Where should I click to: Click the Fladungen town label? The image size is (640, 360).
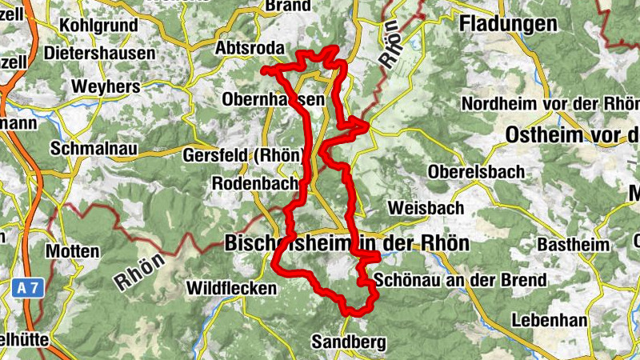point(508,24)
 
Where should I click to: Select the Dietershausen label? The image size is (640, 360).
point(100,54)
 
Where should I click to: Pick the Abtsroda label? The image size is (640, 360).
point(249,49)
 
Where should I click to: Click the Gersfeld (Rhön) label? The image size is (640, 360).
point(243,155)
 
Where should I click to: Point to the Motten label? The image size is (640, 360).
point(73,251)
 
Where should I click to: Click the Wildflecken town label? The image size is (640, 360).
point(231,287)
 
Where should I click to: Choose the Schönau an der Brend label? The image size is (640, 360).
point(460,280)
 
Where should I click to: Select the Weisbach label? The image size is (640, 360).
point(426,208)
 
